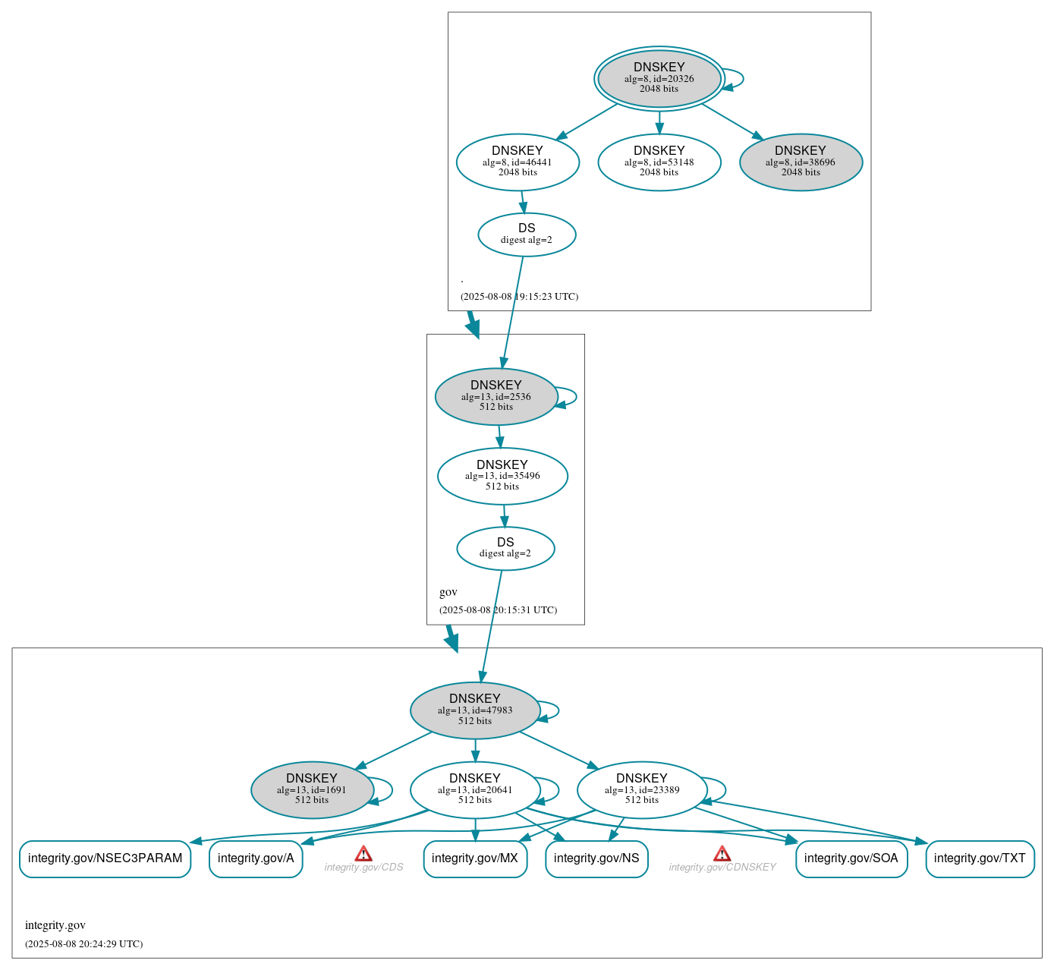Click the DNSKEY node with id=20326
point(659,78)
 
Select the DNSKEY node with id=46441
point(518,162)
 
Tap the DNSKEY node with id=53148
point(659,162)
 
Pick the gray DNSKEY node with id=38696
point(801,162)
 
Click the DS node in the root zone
point(527,235)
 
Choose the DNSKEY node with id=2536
point(496,396)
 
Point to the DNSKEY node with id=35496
point(502,476)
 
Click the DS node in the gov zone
point(505,548)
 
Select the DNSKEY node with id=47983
point(475,710)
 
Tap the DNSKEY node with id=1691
point(312,790)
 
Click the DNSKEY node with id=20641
point(475,790)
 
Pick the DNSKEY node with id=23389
point(642,790)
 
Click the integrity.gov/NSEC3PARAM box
point(105,858)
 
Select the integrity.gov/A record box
point(256,858)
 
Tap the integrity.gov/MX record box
point(475,858)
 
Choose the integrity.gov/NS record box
point(596,858)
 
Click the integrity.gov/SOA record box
point(851,858)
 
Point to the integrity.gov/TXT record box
point(980,858)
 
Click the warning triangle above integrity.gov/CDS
point(363,854)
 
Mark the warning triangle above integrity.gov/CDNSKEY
point(722,854)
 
